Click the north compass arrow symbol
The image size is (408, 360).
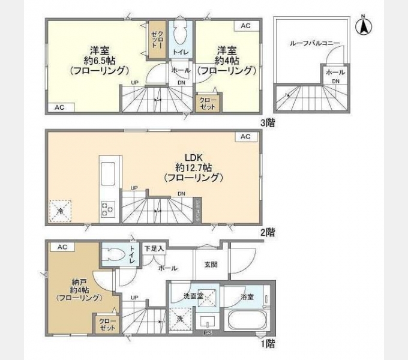pyautogui.click(x=364, y=26)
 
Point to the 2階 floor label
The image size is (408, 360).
pyautogui.click(x=267, y=232)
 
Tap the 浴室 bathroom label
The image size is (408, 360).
pyautogui.click(x=247, y=297)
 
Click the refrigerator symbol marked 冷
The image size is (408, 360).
pyautogui.click(x=60, y=211)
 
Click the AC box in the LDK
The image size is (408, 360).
pyautogui.click(x=245, y=137)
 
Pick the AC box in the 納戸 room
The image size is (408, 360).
pyautogui.click(x=62, y=247)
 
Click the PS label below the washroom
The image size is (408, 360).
pyautogui.click(x=208, y=333)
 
